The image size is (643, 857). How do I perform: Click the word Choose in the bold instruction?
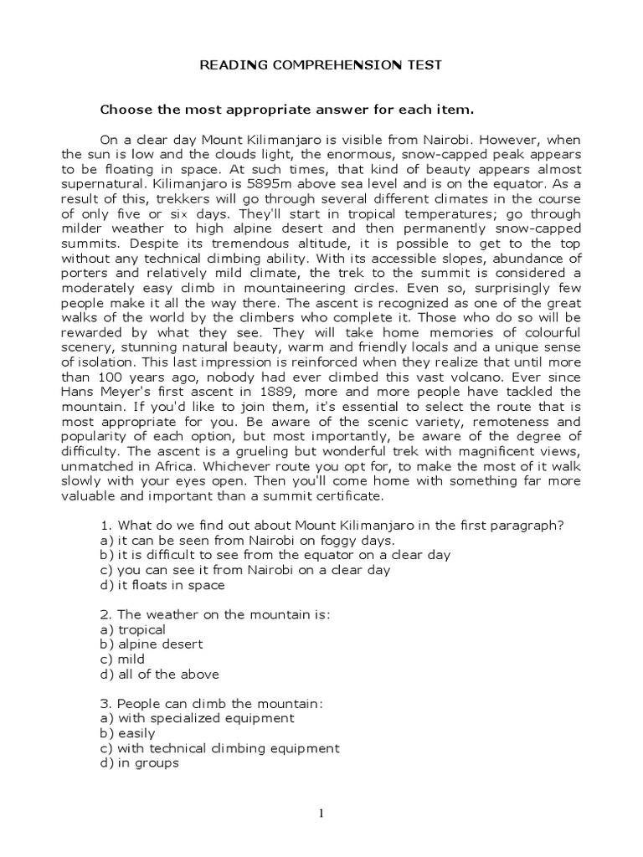coord(123,109)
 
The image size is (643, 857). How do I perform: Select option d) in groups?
coord(139,764)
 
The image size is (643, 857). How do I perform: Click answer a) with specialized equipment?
coord(197,718)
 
